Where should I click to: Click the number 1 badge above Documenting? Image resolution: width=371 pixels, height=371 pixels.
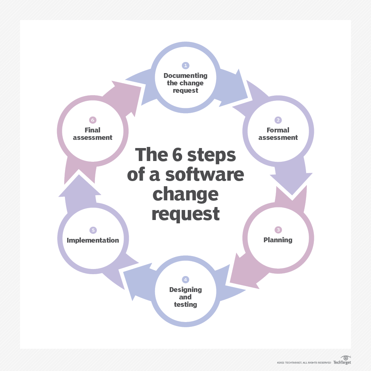(x=185, y=66)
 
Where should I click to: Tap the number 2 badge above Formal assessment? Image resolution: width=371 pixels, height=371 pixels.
(x=278, y=120)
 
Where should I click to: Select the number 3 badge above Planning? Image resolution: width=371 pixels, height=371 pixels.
(x=278, y=230)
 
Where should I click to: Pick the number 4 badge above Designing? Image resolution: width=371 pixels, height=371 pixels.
(x=185, y=279)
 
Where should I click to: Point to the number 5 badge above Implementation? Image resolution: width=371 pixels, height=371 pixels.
(x=93, y=230)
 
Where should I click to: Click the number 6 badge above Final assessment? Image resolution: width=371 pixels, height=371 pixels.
(x=93, y=120)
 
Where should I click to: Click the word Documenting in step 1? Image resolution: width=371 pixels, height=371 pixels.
(x=185, y=76)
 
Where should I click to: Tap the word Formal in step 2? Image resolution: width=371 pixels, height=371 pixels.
(x=278, y=130)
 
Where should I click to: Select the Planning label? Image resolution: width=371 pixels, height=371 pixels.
(x=278, y=240)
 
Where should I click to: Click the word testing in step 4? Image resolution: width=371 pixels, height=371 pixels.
(x=185, y=305)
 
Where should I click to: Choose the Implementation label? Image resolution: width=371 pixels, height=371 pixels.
(x=93, y=240)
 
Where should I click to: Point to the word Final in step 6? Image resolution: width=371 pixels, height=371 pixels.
(x=92, y=130)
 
